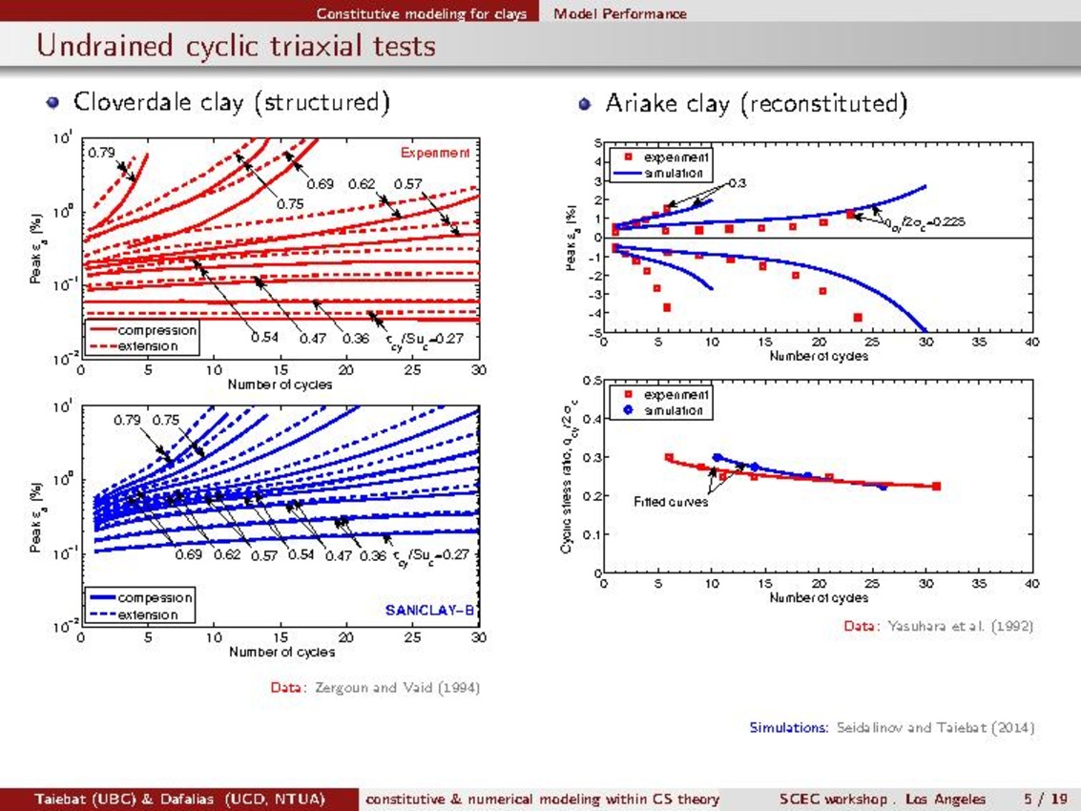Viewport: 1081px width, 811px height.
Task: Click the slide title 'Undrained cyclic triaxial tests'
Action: [236, 46]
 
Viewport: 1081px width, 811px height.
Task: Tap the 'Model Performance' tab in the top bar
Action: [619, 13]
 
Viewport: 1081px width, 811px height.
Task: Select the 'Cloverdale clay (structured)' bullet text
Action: [231, 102]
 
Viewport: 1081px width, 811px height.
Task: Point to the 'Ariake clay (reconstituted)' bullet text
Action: [755, 103]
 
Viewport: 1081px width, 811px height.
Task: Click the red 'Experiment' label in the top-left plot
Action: [435, 153]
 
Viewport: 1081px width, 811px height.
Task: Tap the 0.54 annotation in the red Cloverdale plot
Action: [264, 337]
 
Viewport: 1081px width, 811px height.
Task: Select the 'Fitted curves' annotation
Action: [672, 501]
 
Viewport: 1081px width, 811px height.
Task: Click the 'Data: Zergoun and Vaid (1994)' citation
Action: [375, 687]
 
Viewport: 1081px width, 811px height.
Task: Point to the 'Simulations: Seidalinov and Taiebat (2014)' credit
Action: [891, 728]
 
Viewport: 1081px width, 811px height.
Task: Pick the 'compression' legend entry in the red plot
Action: [156, 330]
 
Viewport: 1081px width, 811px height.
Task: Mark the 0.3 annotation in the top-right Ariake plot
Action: [738, 182]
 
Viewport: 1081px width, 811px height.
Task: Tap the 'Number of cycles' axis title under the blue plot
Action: [281, 652]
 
